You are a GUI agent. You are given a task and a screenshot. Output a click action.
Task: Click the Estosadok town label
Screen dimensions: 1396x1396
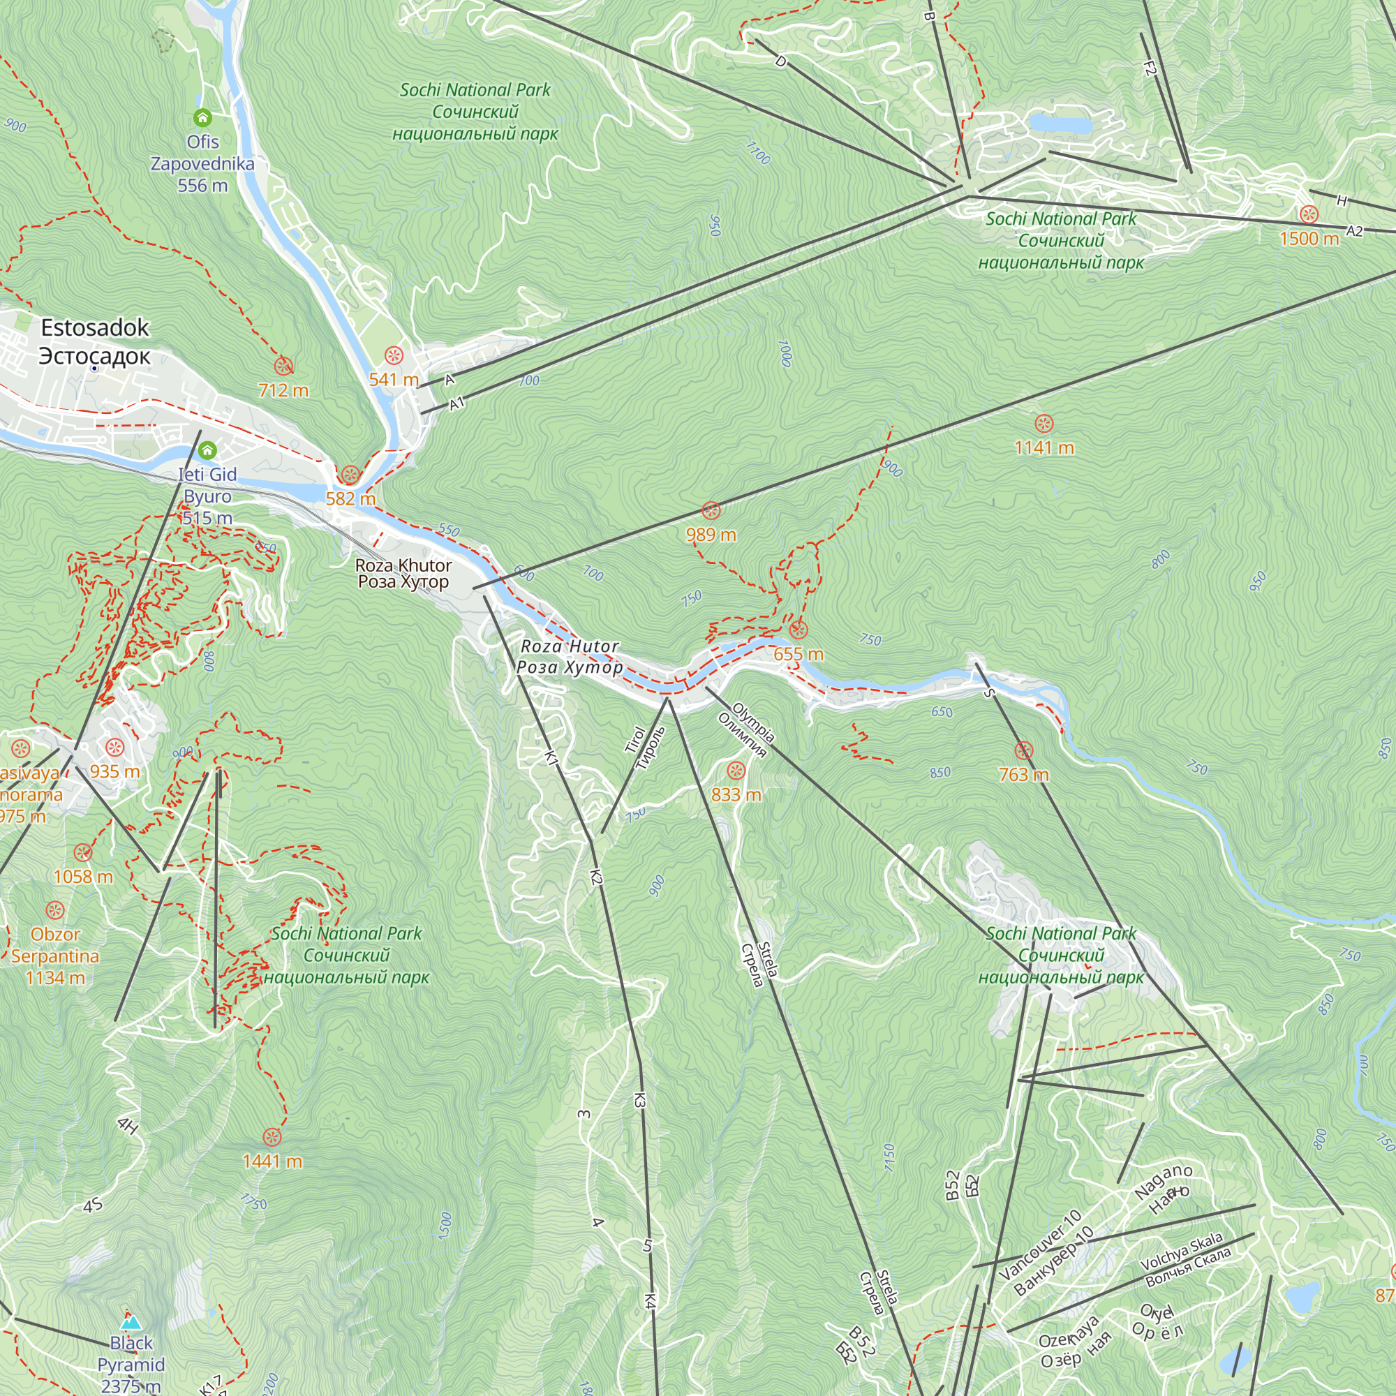tap(95, 341)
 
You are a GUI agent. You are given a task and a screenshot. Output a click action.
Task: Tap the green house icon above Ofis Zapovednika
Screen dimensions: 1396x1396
tap(202, 117)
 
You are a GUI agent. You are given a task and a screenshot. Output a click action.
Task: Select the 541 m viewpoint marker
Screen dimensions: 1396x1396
tap(394, 355)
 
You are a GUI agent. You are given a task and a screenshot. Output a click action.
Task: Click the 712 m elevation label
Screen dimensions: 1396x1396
tap(283, 390)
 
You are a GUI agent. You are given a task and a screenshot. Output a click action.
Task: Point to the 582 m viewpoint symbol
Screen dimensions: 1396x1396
tap(350, 475)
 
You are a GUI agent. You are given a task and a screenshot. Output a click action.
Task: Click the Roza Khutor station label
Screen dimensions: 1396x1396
tap(403, 574)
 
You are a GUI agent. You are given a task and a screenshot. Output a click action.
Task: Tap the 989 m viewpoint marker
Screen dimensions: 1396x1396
tap(711, 510)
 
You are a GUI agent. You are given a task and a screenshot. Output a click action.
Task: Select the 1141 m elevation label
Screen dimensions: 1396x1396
tap(1044, 448)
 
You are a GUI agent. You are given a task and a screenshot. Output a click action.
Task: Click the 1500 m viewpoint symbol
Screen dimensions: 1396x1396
tap(1309, 214)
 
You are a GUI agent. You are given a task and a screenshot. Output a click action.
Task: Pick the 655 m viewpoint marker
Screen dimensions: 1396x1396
tap(798, 630)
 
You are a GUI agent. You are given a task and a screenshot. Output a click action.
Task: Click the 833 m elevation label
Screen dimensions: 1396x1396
tap(736, 795)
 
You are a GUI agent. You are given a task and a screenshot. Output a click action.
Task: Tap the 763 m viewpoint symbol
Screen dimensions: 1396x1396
tap(1023, 750)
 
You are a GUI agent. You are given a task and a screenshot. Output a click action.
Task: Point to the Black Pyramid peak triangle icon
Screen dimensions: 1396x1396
tap(131, 1321)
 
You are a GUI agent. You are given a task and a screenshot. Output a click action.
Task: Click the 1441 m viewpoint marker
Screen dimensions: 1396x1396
tap(272, 1136)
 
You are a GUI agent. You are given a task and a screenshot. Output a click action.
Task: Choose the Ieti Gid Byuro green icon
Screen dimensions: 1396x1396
tap(207, 451)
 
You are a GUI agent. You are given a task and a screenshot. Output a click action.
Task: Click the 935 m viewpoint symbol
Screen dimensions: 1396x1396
tap(115, 747)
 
